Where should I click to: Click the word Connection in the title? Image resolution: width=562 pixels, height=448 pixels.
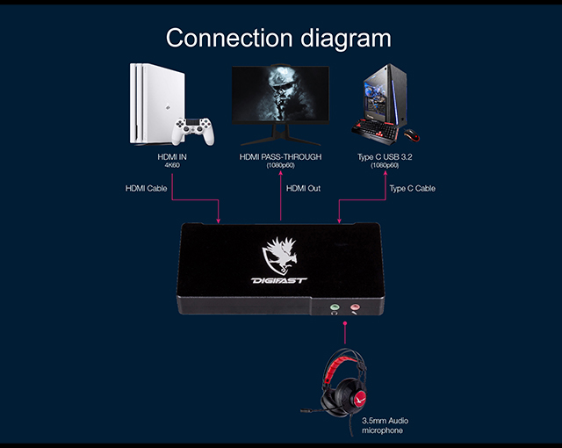click(x=229, y=38)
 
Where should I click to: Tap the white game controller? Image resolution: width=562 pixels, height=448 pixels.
click(x=193, y=131)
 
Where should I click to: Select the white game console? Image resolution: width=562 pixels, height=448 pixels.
click(x=158, y=104)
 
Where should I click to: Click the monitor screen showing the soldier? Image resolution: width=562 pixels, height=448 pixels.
click(x=280, y=94)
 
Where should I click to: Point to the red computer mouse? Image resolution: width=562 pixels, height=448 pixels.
click(x=412, y=135)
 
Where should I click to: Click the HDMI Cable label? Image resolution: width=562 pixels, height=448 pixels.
click(x=147, y=189)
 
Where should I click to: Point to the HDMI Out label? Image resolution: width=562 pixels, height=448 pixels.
click(x=303, y=189)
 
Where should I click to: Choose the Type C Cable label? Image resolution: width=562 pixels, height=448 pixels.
click(x=413, y=189)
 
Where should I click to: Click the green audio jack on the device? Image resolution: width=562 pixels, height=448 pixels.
click(x=335, y=307)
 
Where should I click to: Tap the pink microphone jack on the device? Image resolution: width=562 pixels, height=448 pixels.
click(x=355, y=307)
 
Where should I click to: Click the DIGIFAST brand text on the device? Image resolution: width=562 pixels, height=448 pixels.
click(x=279, y=280)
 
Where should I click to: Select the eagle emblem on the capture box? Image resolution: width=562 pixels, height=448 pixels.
click(x=280, y=256)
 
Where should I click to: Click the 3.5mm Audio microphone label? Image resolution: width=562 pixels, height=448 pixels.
click(x=385, y=425)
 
